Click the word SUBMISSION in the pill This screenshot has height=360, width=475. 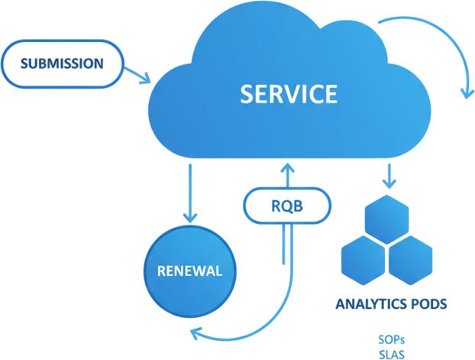(x=63, y=63)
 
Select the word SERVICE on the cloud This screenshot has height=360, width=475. (x=288, y=95)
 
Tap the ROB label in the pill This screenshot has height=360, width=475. (x=286, y=205)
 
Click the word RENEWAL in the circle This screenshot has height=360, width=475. (x=189, y=271)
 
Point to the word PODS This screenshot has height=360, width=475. (x=426, y=304)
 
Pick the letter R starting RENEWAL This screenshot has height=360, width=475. (x=161, y=271)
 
